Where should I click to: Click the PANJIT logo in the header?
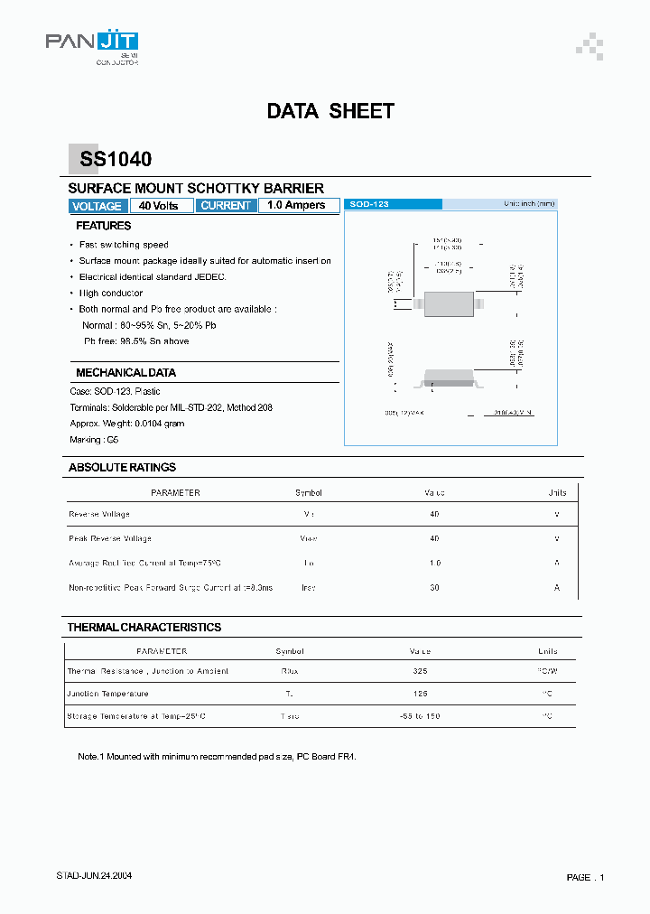click(91, 42)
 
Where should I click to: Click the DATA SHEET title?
click(330, 111)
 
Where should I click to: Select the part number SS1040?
click(116, 160)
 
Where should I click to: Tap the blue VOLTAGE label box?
click(96, 206)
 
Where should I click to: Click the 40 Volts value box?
click(159, 206)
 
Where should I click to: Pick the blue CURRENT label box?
click(226, 206)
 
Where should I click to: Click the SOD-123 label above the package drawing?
click(369, 205)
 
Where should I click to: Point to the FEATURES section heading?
click(103, 226)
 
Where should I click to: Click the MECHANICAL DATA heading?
click(125, 372)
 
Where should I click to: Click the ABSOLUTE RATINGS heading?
click(122, 467)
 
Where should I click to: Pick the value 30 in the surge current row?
click(434, 587)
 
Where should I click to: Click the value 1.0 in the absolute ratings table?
click(434, 563)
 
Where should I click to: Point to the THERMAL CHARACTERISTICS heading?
click(144, 627)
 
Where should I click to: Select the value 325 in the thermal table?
click(419, 671)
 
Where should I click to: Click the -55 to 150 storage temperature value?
click(420, 716)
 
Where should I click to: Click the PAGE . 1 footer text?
click(585, 877)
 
